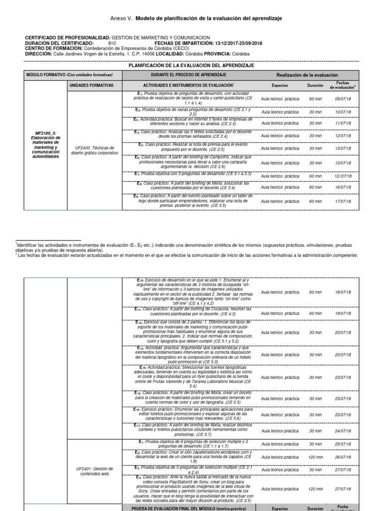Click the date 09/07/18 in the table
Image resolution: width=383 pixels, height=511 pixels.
(344, 99)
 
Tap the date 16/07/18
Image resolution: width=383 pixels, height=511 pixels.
(344, 188)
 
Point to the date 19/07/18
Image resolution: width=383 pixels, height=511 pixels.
(344, 313)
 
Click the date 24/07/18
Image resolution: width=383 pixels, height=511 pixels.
(344, 431)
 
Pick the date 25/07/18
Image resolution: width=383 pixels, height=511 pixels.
(344, 444)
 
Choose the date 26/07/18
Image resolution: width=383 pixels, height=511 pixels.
(344, 457)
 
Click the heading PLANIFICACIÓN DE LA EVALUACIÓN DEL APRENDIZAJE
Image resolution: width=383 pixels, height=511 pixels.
(191, 65)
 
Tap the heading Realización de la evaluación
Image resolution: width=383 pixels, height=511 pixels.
(307, 75)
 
